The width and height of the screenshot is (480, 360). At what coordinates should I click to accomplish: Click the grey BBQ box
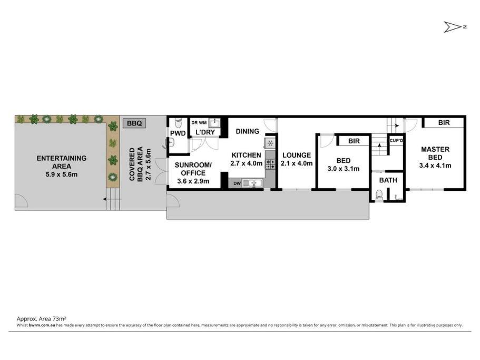[x=134, y=123]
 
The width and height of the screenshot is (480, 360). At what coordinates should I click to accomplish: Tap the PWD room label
[x=178, y=133]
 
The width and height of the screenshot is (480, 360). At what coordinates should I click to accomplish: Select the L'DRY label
[x=205, y=132]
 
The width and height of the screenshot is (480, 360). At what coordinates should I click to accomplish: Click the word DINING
[x=247, y=131]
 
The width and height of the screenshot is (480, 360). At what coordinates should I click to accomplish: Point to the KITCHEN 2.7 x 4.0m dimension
[x=246, y=163]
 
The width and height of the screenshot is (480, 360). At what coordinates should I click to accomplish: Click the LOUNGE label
[x=296, y=155]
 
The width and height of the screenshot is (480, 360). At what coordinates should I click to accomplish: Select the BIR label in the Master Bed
[x=444, y=123]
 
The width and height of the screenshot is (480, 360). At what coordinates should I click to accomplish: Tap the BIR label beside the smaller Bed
[x=354, y=141]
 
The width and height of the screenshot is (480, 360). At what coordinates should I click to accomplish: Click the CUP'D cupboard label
[x=396, y=141]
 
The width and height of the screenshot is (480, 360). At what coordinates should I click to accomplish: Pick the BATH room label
[x=388, y=180]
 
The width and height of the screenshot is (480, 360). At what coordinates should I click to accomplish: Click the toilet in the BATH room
[x=379, y=195]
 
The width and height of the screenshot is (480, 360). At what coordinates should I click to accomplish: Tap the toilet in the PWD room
[x=178, y=123]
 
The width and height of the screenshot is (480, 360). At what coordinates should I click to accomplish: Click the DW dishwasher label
[x=237, y=183]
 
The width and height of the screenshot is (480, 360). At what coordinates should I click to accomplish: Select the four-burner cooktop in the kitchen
[x=270, y=164]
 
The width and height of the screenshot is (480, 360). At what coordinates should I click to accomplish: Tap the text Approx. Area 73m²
[x=41, y=319]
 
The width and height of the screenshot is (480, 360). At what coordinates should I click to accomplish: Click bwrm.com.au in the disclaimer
[x=42, y=325]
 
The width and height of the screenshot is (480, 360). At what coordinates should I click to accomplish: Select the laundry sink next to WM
[x=214, y=123]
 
